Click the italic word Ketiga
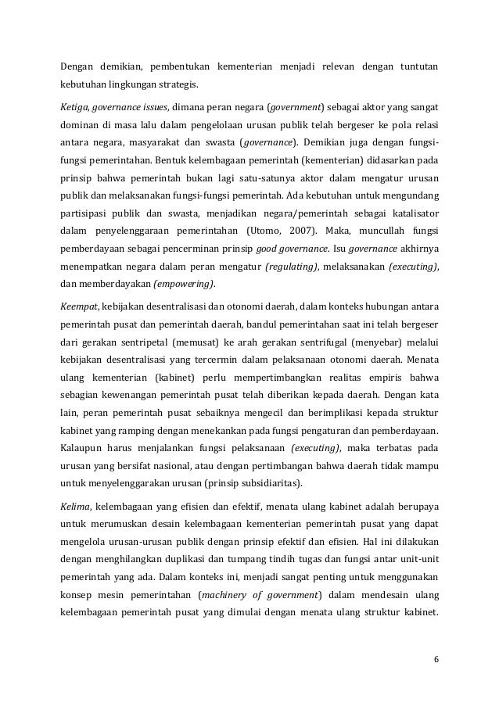(76, 105)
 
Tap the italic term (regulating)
(292, 267)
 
